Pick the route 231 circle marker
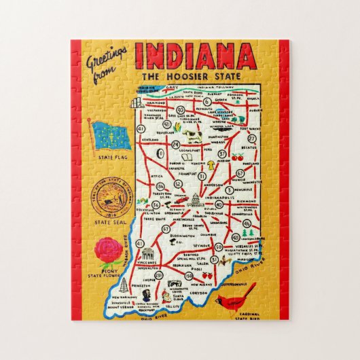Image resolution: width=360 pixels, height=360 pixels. (158, 275)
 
